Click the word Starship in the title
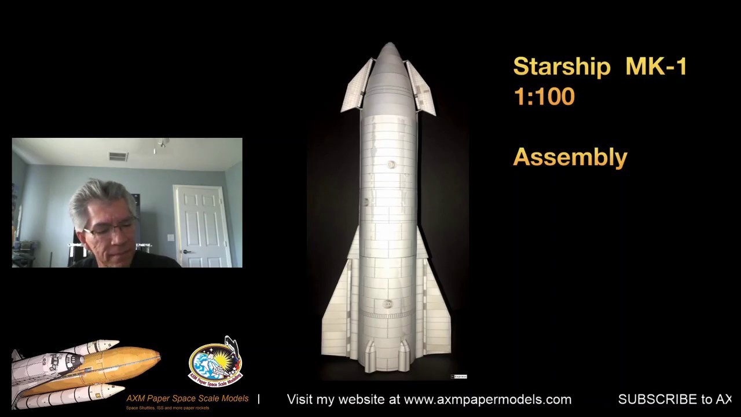[561, 67]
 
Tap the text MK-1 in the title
[656, 67]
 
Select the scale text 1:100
[544, 97]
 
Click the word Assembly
[570, 157]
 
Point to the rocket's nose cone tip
[389, 45]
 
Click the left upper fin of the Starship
[358, 87]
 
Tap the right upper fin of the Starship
[421, 88]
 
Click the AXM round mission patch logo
[215, 363]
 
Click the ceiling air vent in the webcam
[118, 156]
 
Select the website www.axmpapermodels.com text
[487, 400]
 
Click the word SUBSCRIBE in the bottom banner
[657, 400]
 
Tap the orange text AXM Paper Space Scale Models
[187, 398]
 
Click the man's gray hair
[98, 197]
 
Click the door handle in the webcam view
[186, 251]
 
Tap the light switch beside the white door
[170, 237]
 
